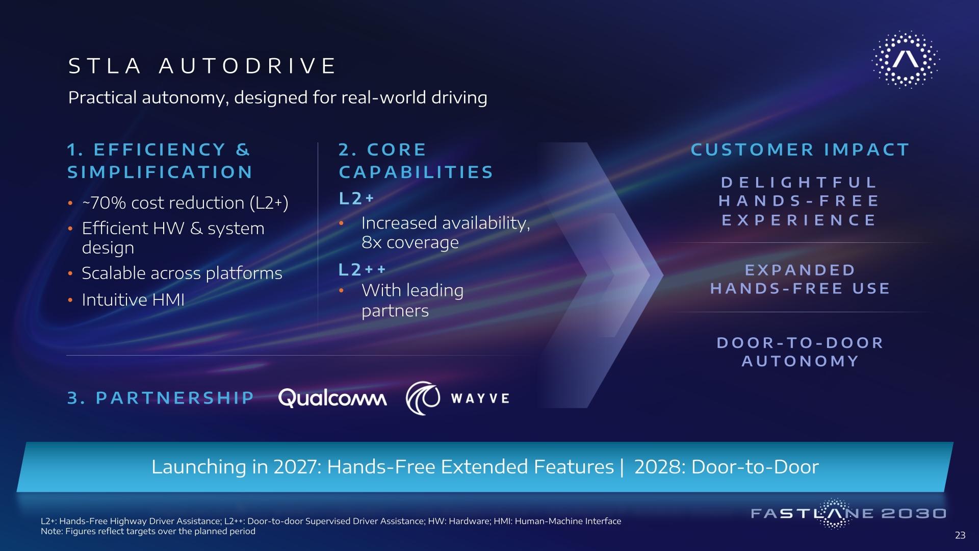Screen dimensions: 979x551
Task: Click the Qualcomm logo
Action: click(x=332, y=398)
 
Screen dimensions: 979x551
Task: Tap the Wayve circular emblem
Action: click(x=423, y=398)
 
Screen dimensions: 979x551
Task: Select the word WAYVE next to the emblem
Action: click(x=480, y=398)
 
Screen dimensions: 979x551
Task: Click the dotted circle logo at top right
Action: click(x=906, y=60)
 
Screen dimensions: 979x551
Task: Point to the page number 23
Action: click(x=960, y=535)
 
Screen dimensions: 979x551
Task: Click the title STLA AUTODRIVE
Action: click(x=202, y=66)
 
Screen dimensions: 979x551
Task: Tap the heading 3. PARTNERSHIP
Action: click(x=161, y=398)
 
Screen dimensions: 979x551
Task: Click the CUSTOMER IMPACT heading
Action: click(x=800, y=149)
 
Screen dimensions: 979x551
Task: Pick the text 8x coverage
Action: click(x=410, y=242)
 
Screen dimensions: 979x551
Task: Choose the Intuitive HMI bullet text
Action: click(x=133, y=299)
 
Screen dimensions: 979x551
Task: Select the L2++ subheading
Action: click(x=363, y=270)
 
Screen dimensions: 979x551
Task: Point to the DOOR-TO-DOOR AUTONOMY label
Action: click(x=800, y=352)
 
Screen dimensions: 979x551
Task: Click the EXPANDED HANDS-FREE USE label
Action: click(x=800, y=280)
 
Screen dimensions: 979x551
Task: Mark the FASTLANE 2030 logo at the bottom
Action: click(x=848, y=514)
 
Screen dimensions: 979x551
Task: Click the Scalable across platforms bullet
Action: click(x=182, y=273)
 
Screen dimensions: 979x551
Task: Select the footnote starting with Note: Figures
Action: click(x=148, y=531)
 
